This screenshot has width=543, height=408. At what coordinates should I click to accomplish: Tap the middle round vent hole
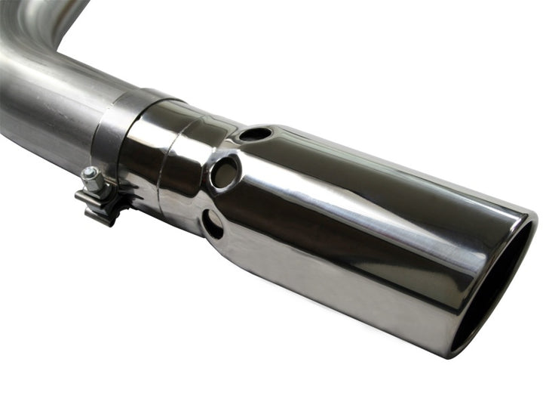coord(225,173)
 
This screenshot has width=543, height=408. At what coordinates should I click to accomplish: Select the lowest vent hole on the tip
coord(213,224)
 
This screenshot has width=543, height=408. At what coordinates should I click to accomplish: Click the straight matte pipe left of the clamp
coord(45,113)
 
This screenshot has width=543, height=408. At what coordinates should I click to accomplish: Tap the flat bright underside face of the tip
coord(339,287)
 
